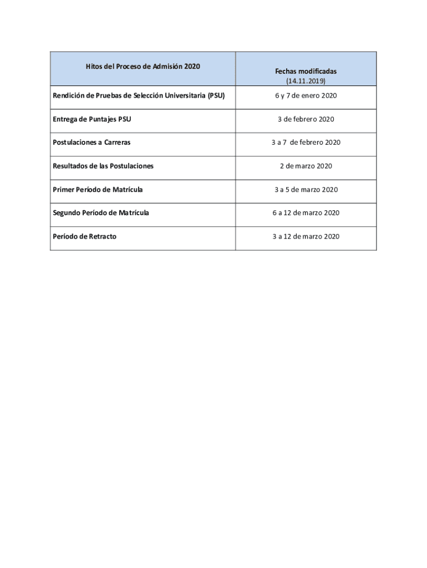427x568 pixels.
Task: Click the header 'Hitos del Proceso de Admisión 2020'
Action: (x=143, y=67)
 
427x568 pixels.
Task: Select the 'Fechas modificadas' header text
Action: (x=306, y=72)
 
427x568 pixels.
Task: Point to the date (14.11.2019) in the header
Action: (x=306, y=81)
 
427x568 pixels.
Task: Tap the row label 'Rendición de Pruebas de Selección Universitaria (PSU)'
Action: (x=139, y=95)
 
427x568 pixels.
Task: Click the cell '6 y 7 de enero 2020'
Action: (x=306, y=95)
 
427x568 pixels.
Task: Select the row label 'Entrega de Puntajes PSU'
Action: (x=92, y=119)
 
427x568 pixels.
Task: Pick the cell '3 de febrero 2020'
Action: (x=306, y=119)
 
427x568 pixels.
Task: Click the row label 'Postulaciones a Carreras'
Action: (x=91, y=143)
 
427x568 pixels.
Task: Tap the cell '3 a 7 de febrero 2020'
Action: (x=306, y=143)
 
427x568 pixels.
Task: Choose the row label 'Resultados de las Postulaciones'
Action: (x=103, y=166)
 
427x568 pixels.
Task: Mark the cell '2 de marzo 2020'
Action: (x=306, y=166)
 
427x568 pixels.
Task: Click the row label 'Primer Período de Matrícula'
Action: (x=98, y=190)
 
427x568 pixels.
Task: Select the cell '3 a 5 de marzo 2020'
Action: (x=306, y=190)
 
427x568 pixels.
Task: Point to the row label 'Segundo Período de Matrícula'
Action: (x=101, y=213)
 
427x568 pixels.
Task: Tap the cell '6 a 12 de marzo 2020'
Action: (x=306, y=213)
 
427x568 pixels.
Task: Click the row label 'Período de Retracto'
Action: (x=84, y=236)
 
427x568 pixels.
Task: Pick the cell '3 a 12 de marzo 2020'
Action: (x=306, y=236)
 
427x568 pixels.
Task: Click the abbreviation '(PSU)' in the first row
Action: (x=216, y=95)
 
